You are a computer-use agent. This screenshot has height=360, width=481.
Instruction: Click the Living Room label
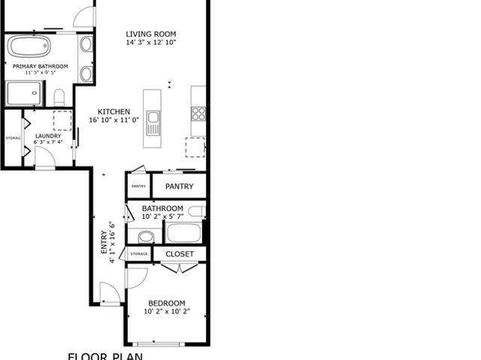[x=151, y=34]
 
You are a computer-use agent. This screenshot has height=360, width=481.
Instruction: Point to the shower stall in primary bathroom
[x=25, y=94]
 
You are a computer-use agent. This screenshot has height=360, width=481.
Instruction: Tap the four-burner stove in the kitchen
[x=198, y=113]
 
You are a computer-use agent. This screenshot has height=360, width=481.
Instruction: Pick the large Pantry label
[x=179, y=186]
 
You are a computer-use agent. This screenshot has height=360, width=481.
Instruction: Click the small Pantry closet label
[x=138, y=186]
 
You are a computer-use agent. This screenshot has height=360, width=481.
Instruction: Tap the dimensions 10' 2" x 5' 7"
[x=162, y=216]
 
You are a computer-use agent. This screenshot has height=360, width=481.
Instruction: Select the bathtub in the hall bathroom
[x=184, y=232]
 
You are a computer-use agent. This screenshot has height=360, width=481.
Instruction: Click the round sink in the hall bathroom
[x=146, y=237]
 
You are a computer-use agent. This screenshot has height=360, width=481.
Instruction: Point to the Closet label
[x=180, y=254]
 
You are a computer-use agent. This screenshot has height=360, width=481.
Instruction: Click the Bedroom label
[x=166, y=304]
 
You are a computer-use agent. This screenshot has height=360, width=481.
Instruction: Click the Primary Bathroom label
[x=41, y=66]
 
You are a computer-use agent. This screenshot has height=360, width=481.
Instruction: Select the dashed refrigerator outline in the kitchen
[x=196, y=147]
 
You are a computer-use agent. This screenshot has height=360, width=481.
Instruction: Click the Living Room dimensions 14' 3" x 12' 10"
[x=151, y=43]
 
